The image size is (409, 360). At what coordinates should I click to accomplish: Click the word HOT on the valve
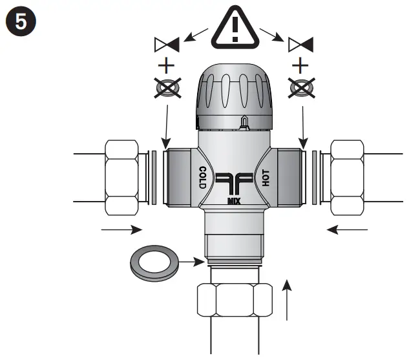pos(265,177)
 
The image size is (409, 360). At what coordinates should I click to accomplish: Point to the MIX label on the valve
pos(234,201)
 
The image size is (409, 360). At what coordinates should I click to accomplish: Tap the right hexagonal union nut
pos(348,178)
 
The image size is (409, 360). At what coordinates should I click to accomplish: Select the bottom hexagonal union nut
pos(234,300)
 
